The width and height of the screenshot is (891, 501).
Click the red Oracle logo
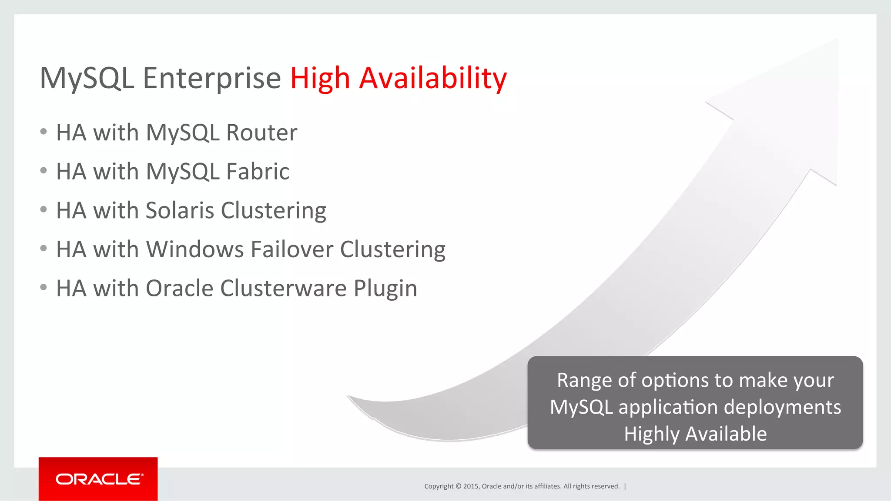pos(98,479)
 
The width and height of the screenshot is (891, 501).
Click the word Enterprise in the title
pos(212,78)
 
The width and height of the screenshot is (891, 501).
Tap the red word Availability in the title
pos(433,78)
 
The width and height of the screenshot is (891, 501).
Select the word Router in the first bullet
pos(262,133)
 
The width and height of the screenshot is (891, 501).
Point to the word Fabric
pos(258,171)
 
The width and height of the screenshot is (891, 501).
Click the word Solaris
pos(180,210)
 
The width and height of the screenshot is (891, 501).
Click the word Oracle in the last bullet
pos(179,289)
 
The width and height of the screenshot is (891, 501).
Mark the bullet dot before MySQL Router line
pos(43,132)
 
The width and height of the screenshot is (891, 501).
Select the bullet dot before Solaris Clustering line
pos(43,209)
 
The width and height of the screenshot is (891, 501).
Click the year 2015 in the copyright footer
pos(471,486)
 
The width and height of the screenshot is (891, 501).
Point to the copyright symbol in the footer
pos(458,486)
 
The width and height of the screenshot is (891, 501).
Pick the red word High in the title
pos(320,78)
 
